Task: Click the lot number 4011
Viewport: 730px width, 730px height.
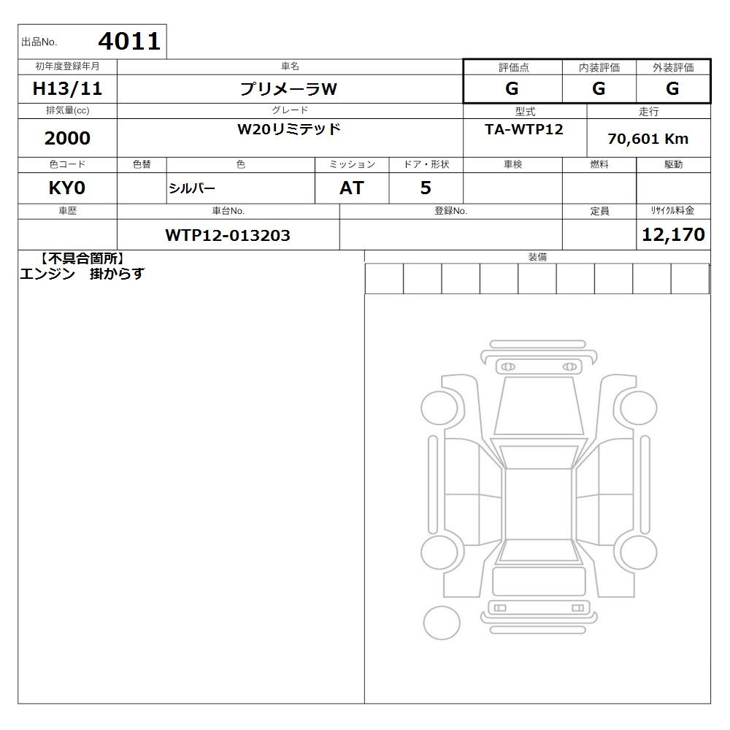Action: tap(129, 42)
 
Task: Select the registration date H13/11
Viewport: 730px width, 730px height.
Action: tap(67, 88)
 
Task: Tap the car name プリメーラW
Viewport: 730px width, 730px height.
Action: tap(288, 89)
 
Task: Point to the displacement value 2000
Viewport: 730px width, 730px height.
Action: tap(67, 138)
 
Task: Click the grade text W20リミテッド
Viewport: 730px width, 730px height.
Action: tap(289, 129)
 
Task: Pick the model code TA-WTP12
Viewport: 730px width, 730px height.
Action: tap(524, 129)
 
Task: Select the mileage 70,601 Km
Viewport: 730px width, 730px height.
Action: tap(648, 139)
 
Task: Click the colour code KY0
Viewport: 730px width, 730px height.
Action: tap(67, 188)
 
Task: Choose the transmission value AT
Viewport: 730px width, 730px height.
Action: tap(352, 188)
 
